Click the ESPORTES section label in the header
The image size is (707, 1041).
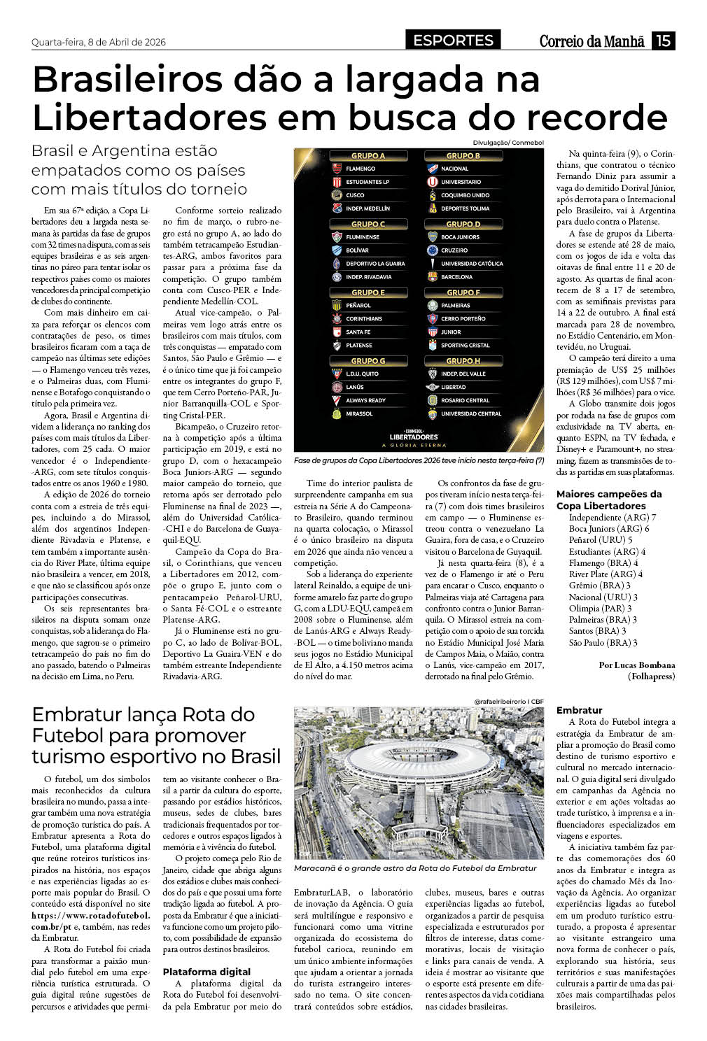point(453,41)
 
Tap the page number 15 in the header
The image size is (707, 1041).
point(663,41)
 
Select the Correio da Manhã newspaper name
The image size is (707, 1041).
point(591,41)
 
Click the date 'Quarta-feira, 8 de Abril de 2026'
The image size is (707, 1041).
point(99,42)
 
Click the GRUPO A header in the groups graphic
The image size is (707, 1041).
point(368,156)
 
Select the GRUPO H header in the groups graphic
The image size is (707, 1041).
point(463,361)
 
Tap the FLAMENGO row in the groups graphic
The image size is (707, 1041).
point(360,169)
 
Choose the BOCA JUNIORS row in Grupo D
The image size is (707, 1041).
point(460,237)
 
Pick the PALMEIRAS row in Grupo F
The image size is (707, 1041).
point(456,306)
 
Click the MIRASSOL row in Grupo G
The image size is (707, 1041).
point(359,413)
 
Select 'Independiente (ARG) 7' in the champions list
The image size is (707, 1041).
point(612,518)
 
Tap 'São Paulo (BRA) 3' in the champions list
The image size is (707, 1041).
point(603,642)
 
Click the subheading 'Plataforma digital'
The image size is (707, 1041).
point(206,972)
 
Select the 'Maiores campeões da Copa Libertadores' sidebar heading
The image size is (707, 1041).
point(609,500)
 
